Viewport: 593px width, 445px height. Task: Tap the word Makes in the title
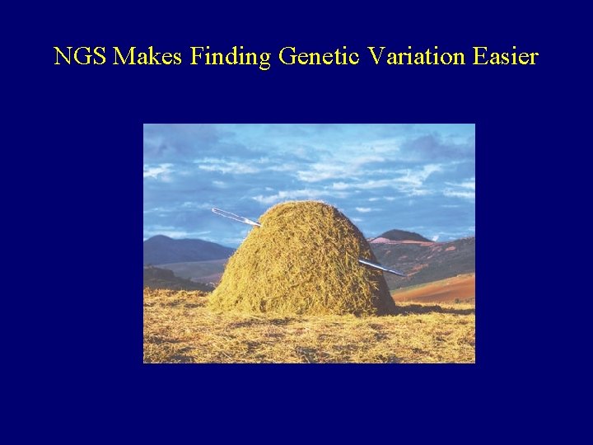(x=149, y=57)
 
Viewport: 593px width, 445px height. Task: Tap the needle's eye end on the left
(x=217, y=212)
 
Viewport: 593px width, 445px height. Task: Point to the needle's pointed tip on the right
(x=401, y=274)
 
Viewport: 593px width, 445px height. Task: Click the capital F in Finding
(x=197, y=57)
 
